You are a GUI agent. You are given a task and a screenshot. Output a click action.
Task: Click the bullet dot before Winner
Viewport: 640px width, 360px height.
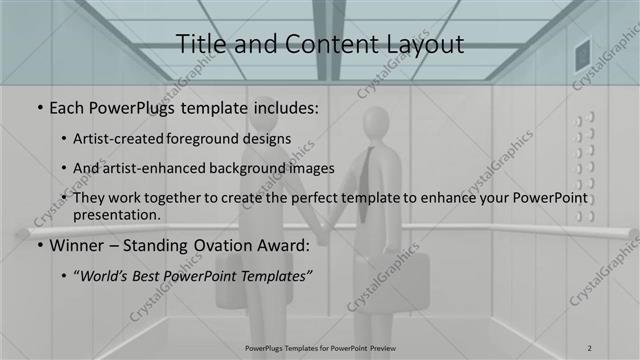point(39,244)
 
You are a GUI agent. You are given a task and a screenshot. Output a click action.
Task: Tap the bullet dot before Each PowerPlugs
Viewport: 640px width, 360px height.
point(39,106)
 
